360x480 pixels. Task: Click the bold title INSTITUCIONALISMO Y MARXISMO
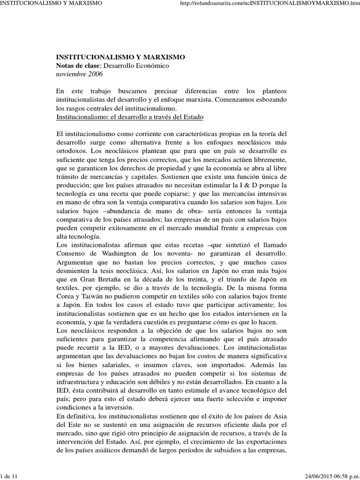click(120, 57)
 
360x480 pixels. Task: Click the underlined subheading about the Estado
click(129, 116)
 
